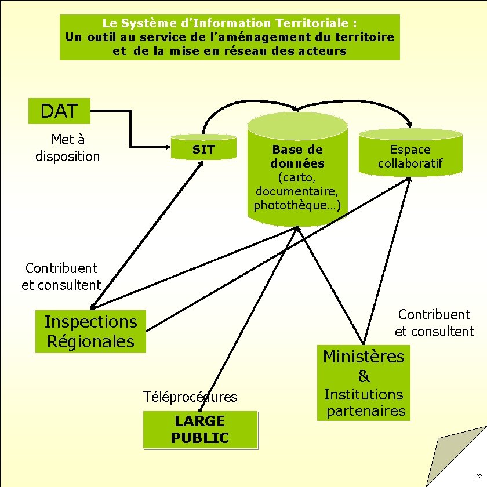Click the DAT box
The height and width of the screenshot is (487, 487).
point(59,111)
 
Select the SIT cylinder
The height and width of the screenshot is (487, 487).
point(203,149)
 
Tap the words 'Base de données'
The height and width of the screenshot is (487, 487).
point(297,157)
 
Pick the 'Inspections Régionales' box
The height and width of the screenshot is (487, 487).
point(91,331)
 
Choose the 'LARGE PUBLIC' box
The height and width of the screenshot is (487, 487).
point(199,430)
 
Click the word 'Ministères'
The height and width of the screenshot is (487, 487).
point(364,356)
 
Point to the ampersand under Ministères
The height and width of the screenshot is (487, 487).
point(364,376)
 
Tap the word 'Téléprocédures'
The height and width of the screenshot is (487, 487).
point(190,397)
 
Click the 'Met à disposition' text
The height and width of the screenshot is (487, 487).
point(68,148)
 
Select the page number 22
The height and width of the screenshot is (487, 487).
point(478,476)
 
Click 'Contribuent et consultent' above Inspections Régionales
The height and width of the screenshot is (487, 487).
point(61,277)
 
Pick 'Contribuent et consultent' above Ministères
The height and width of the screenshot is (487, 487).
point(434,323)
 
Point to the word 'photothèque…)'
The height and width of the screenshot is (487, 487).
point(297,205)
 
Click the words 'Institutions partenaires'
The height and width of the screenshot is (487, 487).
point(364,402)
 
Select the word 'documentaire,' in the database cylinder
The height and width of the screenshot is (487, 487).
point(297,191)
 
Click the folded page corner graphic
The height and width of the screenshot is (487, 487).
point(458,458)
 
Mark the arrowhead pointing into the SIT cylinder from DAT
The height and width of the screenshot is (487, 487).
point(170,146)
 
